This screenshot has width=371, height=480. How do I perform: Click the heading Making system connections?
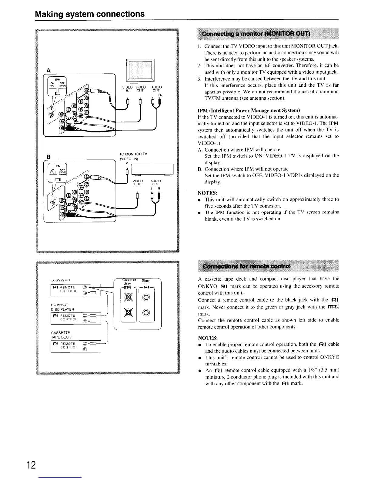[x=90, y=14]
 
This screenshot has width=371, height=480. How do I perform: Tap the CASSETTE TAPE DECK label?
[x=61, y=335]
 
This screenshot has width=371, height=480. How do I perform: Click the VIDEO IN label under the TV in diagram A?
[x=128, y=89]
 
